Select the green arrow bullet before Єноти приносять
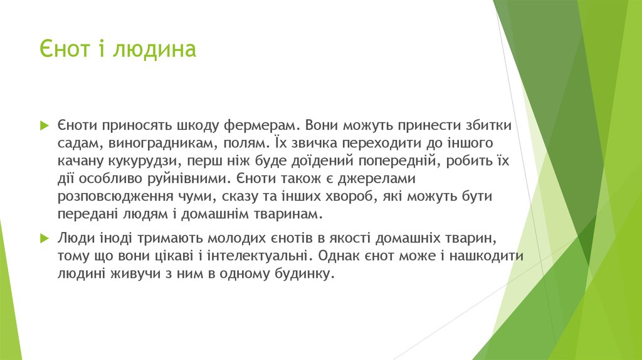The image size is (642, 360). [43, 125]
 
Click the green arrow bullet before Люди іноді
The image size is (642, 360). [43, 239]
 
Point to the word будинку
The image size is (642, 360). [302, 275]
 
